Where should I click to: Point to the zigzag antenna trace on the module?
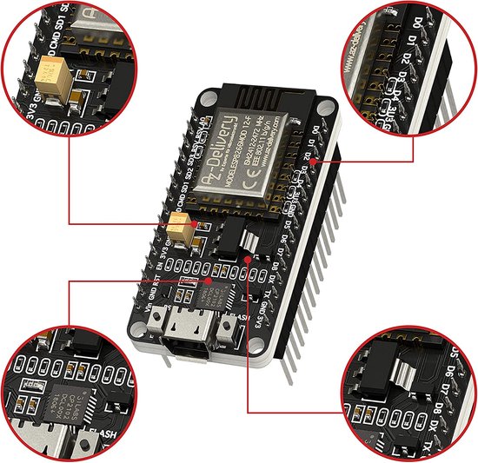pyautogui.click(x=261, y=96)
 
